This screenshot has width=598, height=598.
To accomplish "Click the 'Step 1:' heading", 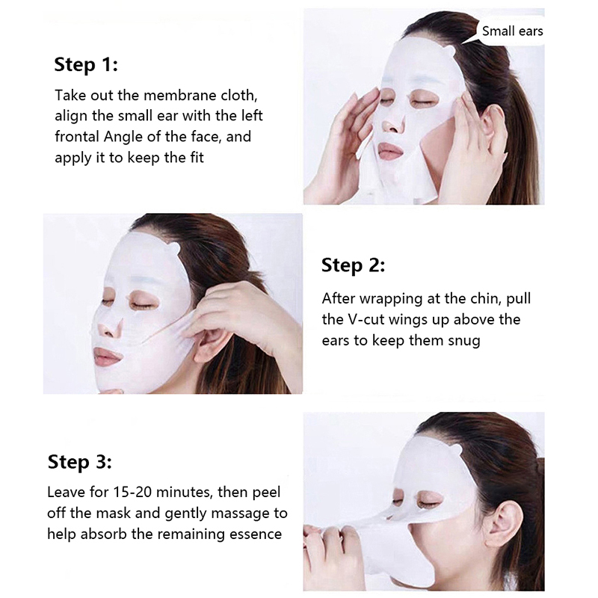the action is pos(86,64).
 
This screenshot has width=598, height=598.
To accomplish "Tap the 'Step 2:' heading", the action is pos(353,265).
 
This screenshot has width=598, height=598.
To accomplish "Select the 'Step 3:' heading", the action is pos(80,461).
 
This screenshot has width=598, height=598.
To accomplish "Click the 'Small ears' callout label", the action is pos(512,31).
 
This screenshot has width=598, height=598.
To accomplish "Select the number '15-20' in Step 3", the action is pos(133,492).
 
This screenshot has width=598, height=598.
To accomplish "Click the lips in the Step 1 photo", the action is pos(390,152).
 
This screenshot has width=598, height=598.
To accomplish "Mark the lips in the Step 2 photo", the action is pos(108,357).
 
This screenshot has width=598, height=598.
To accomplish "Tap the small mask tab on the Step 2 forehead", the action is pos(173,250).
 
